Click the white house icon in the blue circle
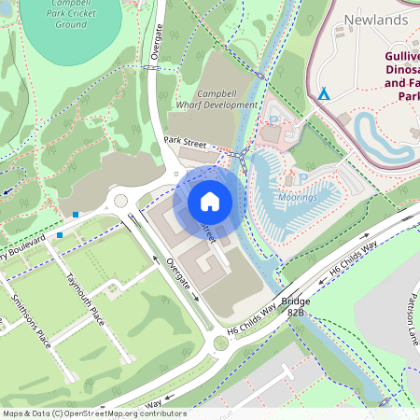210,201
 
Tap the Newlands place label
376,20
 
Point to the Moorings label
298,197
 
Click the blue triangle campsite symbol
324,94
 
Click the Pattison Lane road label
411,318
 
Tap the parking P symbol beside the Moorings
289,180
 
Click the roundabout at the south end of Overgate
220,343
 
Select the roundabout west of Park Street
120,202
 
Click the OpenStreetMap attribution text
93,413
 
